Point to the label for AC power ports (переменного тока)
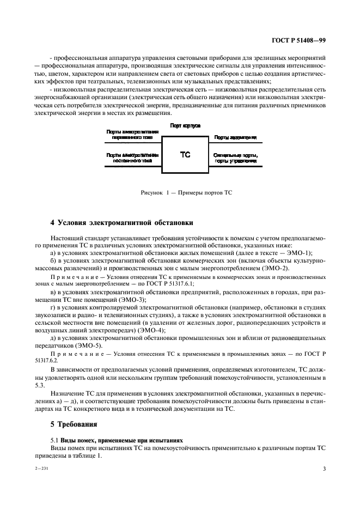pos(132,135)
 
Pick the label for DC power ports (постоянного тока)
pos(132,158)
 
